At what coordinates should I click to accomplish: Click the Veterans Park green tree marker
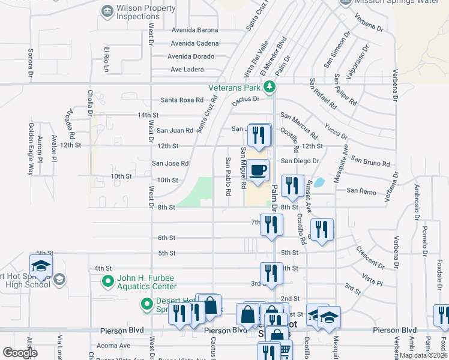pos(270,87)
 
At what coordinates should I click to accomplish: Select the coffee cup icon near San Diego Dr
pos(258,170)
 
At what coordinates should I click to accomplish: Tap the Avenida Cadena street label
pos(194,43)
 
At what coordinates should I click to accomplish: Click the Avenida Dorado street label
pos(194,56)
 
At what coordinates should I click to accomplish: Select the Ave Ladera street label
pos(187,70)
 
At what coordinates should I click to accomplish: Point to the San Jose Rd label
pos(170,163)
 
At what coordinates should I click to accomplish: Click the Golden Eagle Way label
pos(30,149)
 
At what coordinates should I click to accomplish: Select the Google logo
pos(20,353)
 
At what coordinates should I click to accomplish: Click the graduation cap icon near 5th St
pos(41,265)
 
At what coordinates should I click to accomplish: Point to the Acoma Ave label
pos(117,346)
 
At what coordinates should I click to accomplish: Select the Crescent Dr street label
pos(369,257)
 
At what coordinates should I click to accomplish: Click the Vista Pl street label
pos(372,279)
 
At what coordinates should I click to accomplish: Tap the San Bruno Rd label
pos(370,162)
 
